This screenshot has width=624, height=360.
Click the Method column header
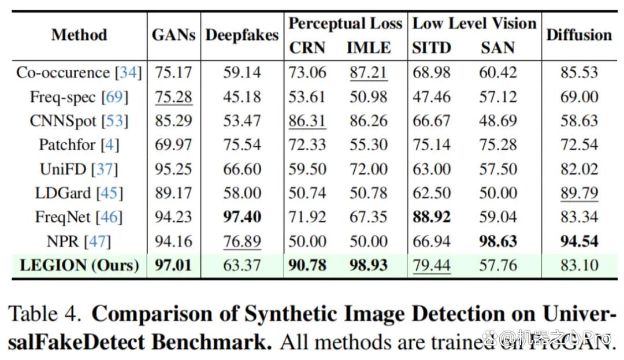(79, 35)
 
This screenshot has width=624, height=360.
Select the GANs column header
(173, 35)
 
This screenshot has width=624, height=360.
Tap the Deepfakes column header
(242, 35)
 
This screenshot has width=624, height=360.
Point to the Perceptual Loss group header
(346, 24)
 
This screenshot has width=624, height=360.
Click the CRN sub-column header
(307, 48)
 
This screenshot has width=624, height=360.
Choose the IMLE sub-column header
(369, 48)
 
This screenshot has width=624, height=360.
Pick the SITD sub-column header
(432, 48)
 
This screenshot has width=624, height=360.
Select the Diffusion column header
(579, 35)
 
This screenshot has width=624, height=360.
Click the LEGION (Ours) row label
(79, 265)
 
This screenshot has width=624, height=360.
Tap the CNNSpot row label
(79, 121)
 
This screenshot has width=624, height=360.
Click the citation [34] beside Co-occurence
(128, 73)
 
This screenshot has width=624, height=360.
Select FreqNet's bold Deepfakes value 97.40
(242, 217)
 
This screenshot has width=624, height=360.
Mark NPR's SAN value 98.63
(498, 242)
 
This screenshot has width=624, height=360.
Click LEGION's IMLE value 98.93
(369, 265)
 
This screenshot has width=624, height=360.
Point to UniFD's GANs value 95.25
(173, 169)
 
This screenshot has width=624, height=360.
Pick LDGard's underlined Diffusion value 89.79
(579, 194)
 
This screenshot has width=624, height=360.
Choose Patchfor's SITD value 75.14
(432, 145)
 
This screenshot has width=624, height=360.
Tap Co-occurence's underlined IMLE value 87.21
(369, 73)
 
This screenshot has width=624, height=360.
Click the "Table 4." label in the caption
(45, 314)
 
